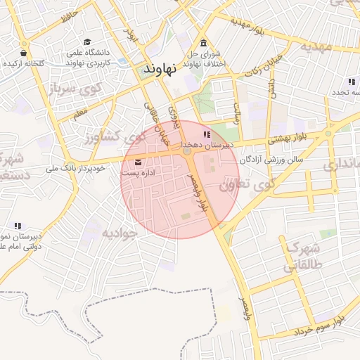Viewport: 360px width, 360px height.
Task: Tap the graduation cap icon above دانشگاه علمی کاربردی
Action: click(87, 42)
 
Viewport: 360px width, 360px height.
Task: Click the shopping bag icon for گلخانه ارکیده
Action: click(24, 53)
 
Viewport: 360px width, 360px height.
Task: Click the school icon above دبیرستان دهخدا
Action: click(206, 134)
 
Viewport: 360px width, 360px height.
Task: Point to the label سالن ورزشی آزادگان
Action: click(271, 160)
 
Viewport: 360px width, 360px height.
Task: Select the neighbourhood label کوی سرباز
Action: click(57, 89)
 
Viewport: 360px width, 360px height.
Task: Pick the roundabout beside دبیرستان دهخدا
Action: click(186, 150)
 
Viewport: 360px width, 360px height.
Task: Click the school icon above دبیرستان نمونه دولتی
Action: click(18, 226)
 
